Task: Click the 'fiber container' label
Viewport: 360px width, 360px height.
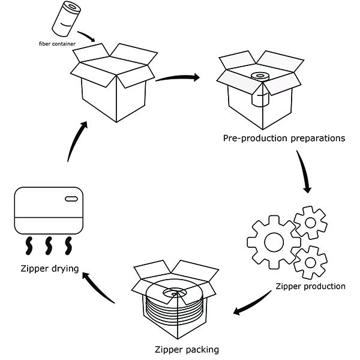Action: (x=52, y=44)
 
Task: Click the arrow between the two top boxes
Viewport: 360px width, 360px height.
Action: (x=178, y=78)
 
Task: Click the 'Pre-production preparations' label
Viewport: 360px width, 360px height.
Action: (x=284, y=139)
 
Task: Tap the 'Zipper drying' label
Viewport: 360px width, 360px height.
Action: (x=49, y=268)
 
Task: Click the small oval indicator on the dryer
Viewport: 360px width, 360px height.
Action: (x=71, y=199)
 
